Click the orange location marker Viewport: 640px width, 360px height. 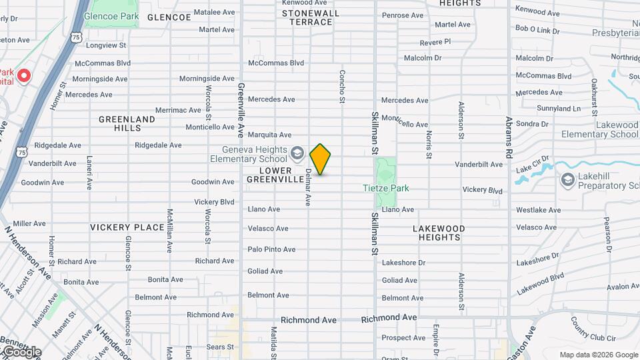point(320,159)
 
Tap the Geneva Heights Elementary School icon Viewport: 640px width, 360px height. point(297,155)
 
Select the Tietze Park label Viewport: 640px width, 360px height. point(385,189)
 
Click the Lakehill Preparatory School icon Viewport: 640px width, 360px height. point(567,179)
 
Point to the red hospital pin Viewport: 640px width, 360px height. point(24,75)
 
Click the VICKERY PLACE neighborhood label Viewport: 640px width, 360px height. point(127,227)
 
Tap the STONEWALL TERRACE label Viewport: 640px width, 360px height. point(311,17)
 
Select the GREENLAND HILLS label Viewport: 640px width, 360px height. point(127,123)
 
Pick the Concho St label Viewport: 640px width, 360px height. point(342,87)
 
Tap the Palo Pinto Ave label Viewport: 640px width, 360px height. point(271,249)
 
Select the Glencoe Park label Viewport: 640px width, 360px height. point(111,15)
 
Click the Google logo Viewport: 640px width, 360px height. point(22,351)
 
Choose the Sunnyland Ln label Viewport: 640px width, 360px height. point(559,108)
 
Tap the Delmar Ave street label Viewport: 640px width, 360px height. point(308,187)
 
